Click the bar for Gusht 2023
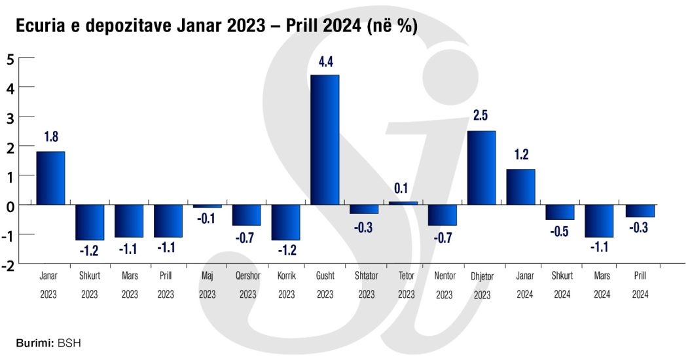pyautogui.click(x=325, y=139)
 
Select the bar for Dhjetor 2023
pyautogui.click(x=481, y=168)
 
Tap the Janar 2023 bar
pyautogui.click(x=50, y=178)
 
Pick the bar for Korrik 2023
pyautogui.click(x=286, y=223)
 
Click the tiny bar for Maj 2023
pyautogui.click(x=208, y=206)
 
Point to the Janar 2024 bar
pyautogui.click(x=520, y=187)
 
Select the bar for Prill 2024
pyautogui.click(x=640, y=211)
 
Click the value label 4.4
pyautogui.click(x=325, y=62)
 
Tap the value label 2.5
pyautogui.click(x=481, y=116)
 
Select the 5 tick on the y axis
pyautogui.click(x=10, y=58)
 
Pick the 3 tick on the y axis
pyautogui.click(x=10, y=117)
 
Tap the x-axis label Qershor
pyautogui.click(x=247, y=276)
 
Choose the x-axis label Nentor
pyautogui.click(x=445, y=276)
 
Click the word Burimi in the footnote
pyautogui.click(x=34, y=342)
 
